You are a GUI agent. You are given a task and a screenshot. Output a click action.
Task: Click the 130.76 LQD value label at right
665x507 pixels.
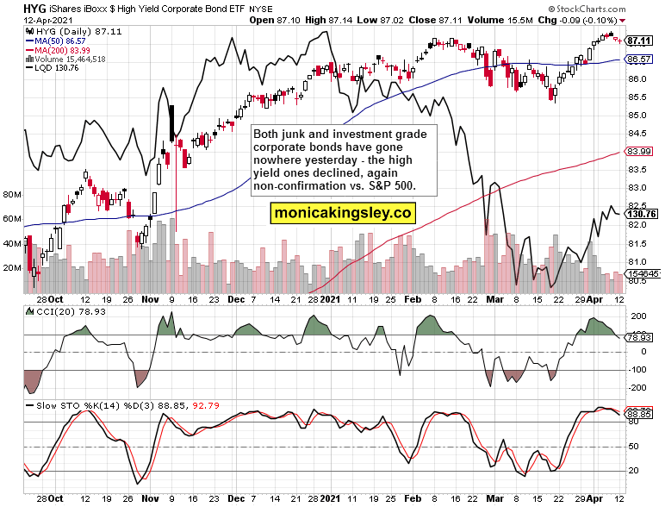pyautogui.click(x=642, y=214)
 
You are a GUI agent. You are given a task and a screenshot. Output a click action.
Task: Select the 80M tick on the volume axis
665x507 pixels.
pyautogui.click(x=12, y=195)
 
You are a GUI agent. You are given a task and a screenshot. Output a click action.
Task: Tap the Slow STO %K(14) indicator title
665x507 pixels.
pyautogui.click(x=69, y=404)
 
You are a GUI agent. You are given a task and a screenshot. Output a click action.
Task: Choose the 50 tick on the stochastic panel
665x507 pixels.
pyautogui.click(x=634, y=447)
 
